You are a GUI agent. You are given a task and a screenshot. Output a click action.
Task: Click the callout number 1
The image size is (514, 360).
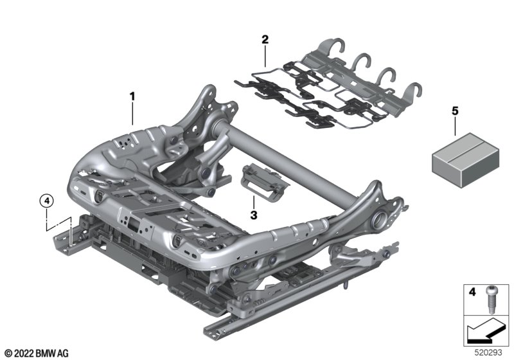coord(132,96)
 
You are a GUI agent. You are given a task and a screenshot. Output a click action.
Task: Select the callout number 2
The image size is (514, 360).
coord(265,40)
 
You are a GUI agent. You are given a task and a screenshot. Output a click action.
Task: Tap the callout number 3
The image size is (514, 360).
coord(253,215)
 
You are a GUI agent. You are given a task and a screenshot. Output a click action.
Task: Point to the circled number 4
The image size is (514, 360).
coord(46,201)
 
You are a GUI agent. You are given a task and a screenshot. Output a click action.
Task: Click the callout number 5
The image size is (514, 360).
coord(455,111)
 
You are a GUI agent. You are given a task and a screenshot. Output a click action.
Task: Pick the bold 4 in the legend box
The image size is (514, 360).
coord(472,291)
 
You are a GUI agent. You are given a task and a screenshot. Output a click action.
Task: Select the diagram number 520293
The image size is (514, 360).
coord(488,352)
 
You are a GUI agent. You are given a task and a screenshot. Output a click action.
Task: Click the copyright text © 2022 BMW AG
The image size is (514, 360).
coord(37,354)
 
